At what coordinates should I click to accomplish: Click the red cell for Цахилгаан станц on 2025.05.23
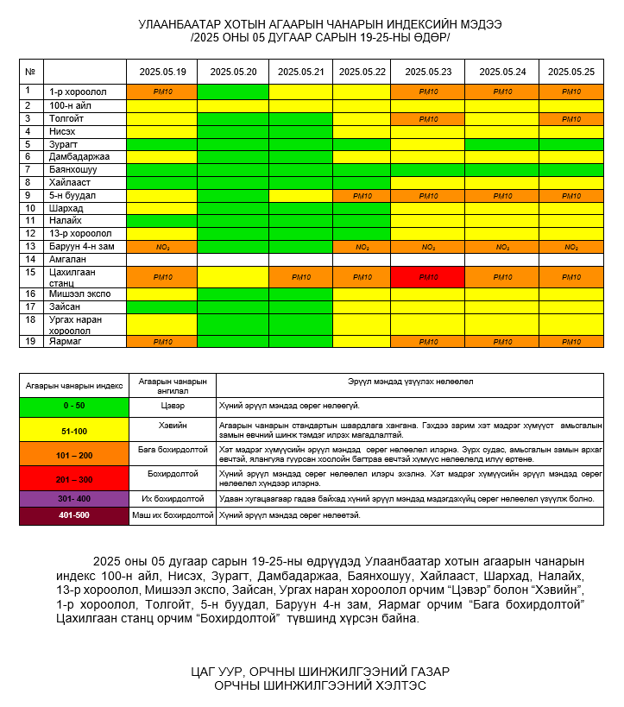[x=428, y=277]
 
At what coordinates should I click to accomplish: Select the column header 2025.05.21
[x=300, y=72]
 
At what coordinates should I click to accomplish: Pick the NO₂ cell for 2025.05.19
[x=162, y=247]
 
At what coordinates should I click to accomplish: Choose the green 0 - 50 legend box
[x=73, y=406]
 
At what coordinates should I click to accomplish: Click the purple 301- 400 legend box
[x=73, y=499]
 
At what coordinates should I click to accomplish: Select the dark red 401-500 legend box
[x=73, y=515]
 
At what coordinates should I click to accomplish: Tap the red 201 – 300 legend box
[x=73, y=478]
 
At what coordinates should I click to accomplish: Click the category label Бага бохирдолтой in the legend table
[x=173, y=450]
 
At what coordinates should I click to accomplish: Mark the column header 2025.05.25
[x=571, y=72]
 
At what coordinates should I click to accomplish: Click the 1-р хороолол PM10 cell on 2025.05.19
[x=162, y=92]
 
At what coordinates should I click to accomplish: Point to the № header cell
[x=30, y=72]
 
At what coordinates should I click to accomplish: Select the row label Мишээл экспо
[x=79, y=294]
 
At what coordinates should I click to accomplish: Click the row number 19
[x=28, y=341]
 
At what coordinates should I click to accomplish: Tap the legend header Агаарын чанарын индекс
[x=73, y=385]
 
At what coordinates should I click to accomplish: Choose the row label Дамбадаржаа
[x=79, y=156]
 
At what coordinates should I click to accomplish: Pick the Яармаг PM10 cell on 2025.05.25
[x=571, y=342]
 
